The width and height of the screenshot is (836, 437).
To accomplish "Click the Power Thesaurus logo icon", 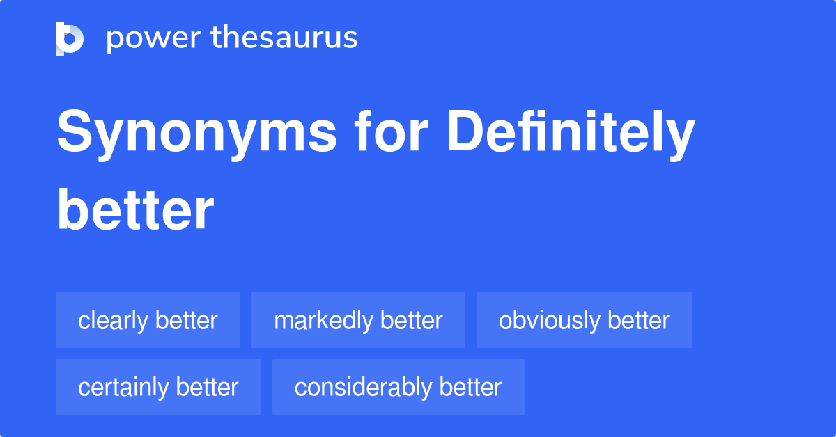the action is point(70,39).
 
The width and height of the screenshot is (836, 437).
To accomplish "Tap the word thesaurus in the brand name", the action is point(284,37).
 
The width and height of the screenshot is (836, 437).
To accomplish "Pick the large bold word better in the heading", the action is point(135,209).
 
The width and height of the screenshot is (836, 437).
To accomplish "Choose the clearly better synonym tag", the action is point(148,320).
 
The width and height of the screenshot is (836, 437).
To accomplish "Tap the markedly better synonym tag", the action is point(358,320).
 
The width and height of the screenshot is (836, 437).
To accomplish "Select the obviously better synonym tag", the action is point(585,320).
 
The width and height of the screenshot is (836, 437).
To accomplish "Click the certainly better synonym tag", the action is point(158,387).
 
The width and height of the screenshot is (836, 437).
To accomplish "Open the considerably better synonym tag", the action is point(398,387).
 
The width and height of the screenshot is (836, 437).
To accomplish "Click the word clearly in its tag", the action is point(113,321).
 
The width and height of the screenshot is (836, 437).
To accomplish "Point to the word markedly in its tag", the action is point(323,321).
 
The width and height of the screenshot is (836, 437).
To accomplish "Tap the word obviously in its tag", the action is point(550,321).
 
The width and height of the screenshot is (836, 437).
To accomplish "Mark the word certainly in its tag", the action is point(123,388).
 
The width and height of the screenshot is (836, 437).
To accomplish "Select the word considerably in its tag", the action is point(364,388).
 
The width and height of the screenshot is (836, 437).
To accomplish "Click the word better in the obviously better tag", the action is point(639,320).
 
